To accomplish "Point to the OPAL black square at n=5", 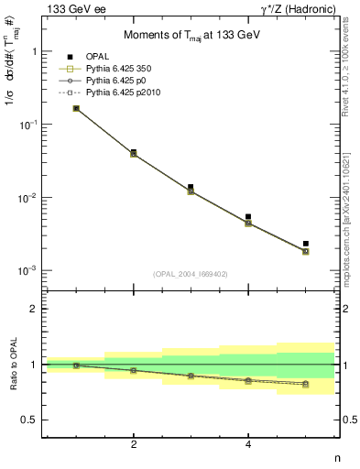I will click(x=306, y=244).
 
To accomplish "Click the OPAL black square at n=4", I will click(x=248, y=217).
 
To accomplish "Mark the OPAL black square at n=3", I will click(x=191, y=187).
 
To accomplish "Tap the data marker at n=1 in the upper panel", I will click(x=76, y=108).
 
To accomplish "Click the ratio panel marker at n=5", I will click(x=306, y=384).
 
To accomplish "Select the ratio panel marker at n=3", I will click(x=191, y=376).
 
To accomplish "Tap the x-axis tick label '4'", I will click(x=248, y=445).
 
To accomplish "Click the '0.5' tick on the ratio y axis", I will click(x=30, y=420).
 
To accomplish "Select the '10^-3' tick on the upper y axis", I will click(x=27, y=271).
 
